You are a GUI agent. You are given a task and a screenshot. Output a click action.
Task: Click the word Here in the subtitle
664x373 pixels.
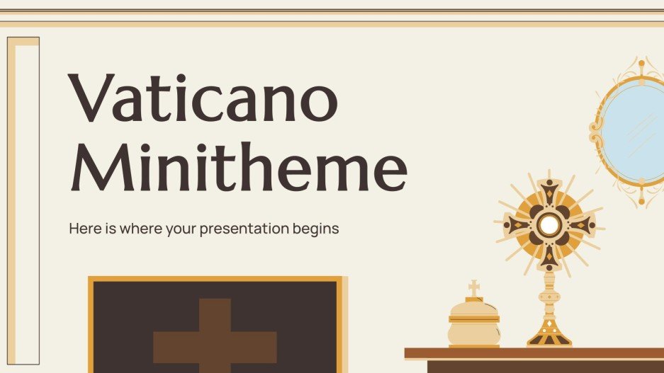click(82, 229)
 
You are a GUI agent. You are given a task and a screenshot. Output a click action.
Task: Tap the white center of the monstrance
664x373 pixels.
click(548, 225)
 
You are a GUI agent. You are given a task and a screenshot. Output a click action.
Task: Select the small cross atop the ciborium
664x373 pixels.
click(474, 287)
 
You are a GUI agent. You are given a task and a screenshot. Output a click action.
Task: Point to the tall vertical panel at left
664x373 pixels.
click(23, 205)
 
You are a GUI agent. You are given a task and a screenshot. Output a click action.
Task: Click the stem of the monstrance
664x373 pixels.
click(548, 294)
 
